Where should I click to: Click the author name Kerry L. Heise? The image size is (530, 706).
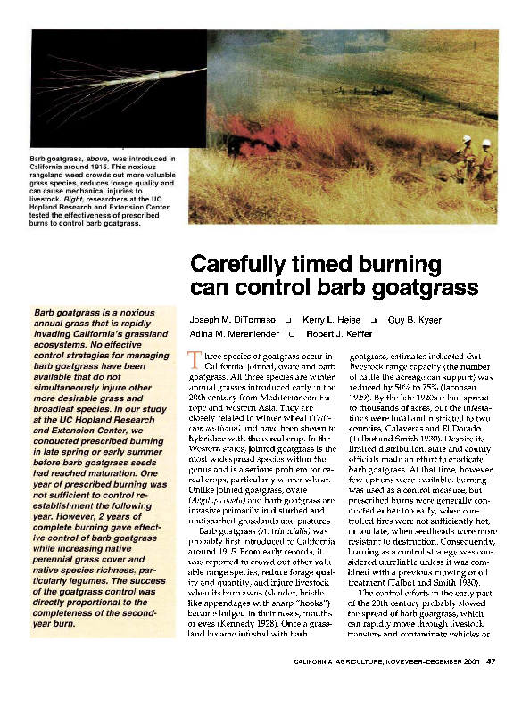click(x=329, y=318)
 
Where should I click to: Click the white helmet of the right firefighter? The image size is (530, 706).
click(x=486, y=142)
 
